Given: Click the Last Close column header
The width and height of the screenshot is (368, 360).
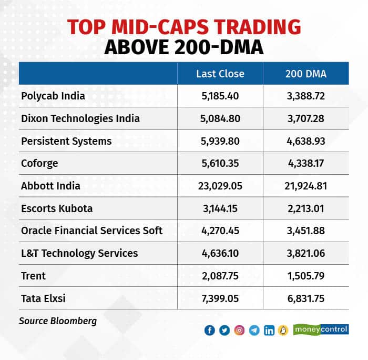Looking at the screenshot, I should (x=220, y=74).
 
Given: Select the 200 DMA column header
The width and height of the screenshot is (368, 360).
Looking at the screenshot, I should (x=305, y=74).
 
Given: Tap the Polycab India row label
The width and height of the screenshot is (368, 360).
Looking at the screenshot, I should (x=53, y=96).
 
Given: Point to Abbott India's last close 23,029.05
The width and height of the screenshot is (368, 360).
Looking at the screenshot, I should (x=220, y=186).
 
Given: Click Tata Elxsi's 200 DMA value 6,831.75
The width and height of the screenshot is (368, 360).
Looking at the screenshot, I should (x=305, y=298).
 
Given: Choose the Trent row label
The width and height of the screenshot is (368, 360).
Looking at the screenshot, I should (x=34, y=276).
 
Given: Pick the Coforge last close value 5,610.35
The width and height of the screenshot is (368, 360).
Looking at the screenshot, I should (x=220, y=164).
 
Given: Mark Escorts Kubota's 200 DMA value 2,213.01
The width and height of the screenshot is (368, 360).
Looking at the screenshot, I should (x=305, y=208).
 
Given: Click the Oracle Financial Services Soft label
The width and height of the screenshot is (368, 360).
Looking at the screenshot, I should (x=92, y=231).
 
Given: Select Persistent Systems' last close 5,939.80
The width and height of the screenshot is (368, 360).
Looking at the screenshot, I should (x=220, y=141).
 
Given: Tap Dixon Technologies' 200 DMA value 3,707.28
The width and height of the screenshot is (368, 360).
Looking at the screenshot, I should (x=305, y=118).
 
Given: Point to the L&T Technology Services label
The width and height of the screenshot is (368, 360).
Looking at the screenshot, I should (x=79, y=253).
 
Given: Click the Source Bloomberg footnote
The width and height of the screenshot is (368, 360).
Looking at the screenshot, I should (x=58, y=321).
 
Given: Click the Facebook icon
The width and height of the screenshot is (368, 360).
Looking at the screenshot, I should (x=210, y=330).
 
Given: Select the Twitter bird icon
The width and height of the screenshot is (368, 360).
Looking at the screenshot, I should (x=224, y=330).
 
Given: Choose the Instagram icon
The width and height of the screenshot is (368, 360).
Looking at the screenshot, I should (x=240, y=330).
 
